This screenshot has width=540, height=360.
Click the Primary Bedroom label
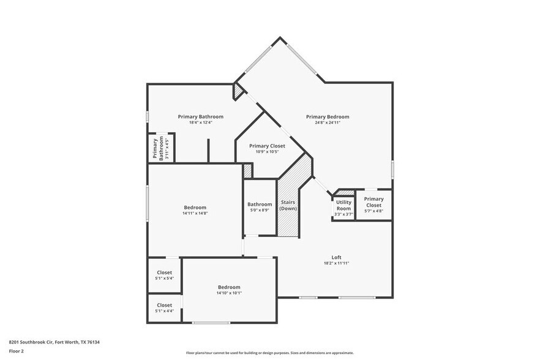[328, 117]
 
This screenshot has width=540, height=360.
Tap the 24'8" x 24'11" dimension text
[328, 122]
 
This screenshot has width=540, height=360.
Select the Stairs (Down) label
[288, 205]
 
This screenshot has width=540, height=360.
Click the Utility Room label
[343, 205]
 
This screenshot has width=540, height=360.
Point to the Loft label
[336, 257]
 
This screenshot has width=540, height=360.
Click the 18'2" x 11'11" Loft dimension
[336, 263]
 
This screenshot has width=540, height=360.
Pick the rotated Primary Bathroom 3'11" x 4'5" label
[161, 148]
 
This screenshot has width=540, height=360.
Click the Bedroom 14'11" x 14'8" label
[195, 210]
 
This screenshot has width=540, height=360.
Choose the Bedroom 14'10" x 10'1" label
[229, 290]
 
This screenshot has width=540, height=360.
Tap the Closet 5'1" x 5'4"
[164, 275]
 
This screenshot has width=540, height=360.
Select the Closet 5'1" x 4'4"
[164, 307]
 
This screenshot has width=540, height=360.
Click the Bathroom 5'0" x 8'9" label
[260, 207]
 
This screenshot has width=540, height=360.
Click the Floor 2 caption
[17, 351]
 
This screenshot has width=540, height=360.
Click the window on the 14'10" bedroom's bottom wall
[211, 322]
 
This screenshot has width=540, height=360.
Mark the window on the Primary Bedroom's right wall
[392, 169]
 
